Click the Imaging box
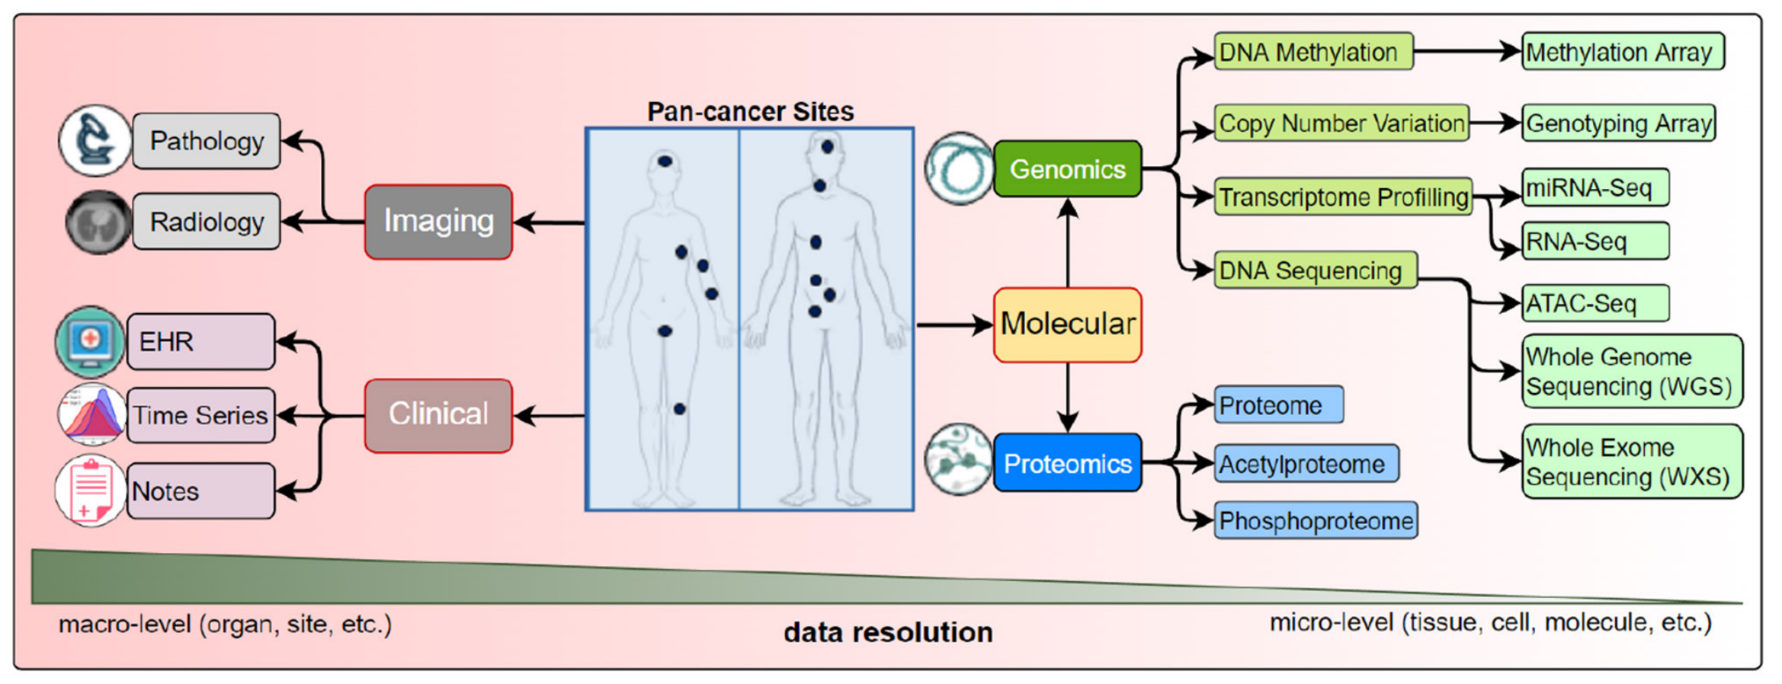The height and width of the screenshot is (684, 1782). coord(438,222)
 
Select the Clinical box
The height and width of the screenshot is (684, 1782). coord(438,415)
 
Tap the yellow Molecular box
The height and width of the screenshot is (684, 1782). coord(1067,324)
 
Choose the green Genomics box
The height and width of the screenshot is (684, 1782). coord(1067,169)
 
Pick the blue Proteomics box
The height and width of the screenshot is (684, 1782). coord(1067,463)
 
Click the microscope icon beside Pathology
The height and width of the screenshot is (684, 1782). coord(95,140)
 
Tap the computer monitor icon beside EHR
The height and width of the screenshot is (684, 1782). coord(90,341)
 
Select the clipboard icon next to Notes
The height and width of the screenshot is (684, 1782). coord(90,491)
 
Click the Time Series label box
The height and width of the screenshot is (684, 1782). coord(200,415)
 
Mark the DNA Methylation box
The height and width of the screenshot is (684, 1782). coord(1312,52)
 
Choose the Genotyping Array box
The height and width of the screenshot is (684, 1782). coord(1618,123)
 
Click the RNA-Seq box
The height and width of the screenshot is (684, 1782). coord(1595,241)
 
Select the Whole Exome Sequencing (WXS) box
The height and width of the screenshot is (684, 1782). coord(1631,462)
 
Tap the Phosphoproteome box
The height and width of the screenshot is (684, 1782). coord(1316,520)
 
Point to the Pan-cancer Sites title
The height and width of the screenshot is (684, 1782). coord(750,111)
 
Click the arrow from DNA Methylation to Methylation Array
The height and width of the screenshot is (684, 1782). coord(1466,52)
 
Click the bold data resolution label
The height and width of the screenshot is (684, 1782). coord(888,632)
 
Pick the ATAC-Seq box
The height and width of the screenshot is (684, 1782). coord(1595,303)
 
